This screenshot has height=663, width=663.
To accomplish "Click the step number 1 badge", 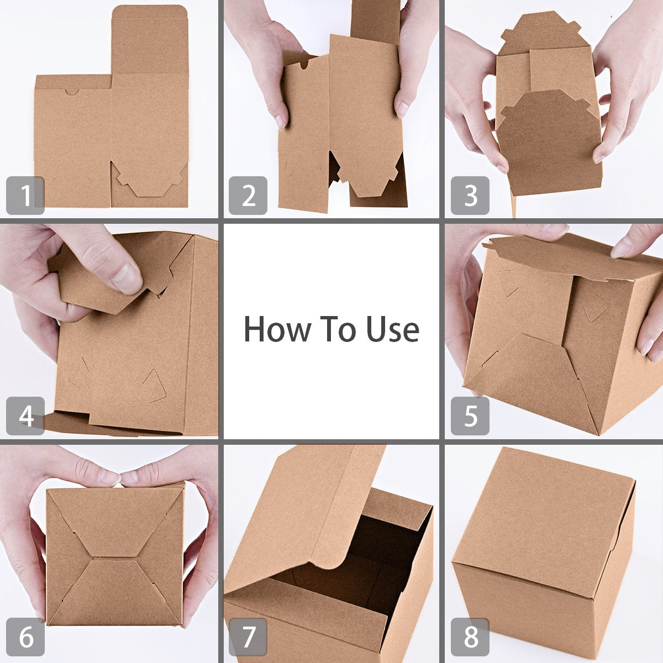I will [x=25, y=196].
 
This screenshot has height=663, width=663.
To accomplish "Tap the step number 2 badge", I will [x=248, y=196].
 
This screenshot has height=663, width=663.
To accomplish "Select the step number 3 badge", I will [x=470, y=196].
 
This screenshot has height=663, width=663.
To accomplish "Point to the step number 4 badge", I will [x=25, y=416].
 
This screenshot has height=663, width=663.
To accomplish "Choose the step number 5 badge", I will [x=470, y=416].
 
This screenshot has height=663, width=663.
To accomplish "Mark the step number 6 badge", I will [x=25, y=637].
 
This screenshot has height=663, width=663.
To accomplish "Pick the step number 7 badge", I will [x=248, y=637].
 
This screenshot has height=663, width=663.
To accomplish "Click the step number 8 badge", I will [x=470, y=637].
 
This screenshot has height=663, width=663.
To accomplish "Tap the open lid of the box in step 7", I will [x=298, y=514].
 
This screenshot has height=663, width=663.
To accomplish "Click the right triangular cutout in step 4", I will [x=154, y=385].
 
